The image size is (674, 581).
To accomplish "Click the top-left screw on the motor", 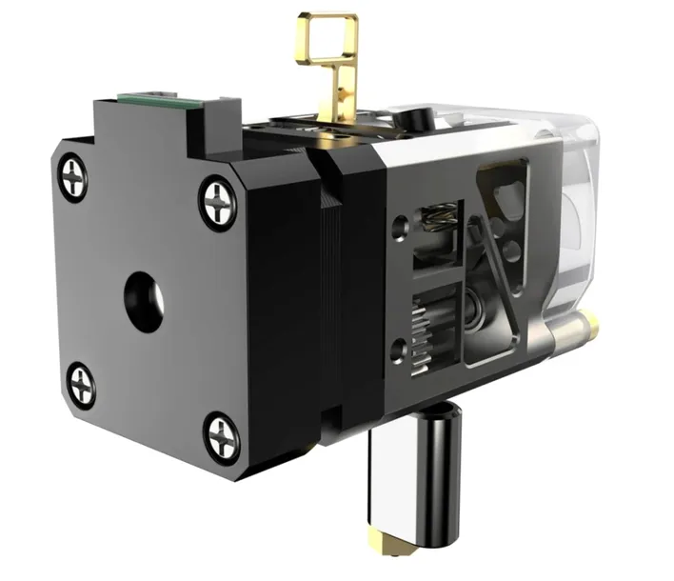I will click(x=75, y=175).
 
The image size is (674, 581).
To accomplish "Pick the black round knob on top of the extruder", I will click(x=416, y=119).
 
